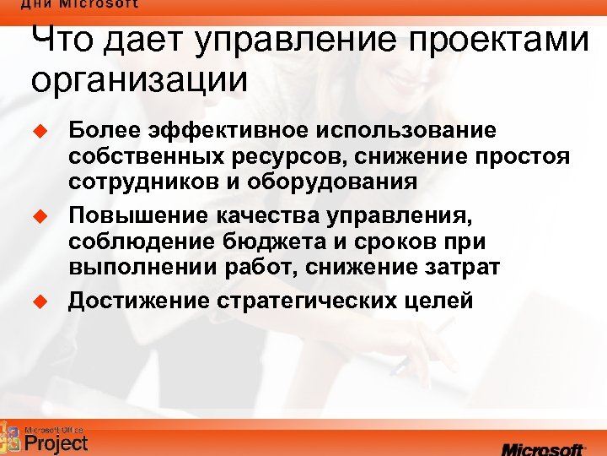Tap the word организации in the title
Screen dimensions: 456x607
coord(140,81)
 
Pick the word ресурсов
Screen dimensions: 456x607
coord(276,157)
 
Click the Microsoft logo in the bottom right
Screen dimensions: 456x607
coord(543,446)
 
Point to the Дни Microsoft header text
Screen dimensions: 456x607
coord(80,4)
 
